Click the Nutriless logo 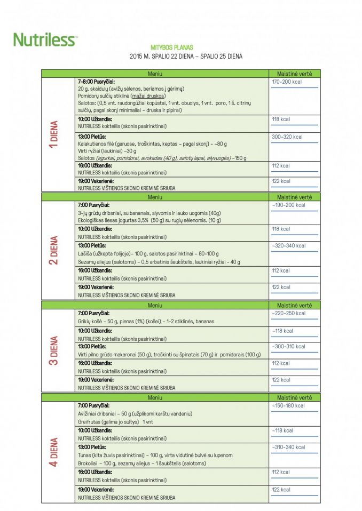45,39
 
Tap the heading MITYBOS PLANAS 171,47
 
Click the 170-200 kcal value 287,82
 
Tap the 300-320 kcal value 287,137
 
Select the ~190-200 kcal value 288,205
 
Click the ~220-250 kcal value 288,313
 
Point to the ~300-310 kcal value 288,347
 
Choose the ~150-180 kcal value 288,406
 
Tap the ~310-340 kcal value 288,447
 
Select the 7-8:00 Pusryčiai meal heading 97,82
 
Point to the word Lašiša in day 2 85,254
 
